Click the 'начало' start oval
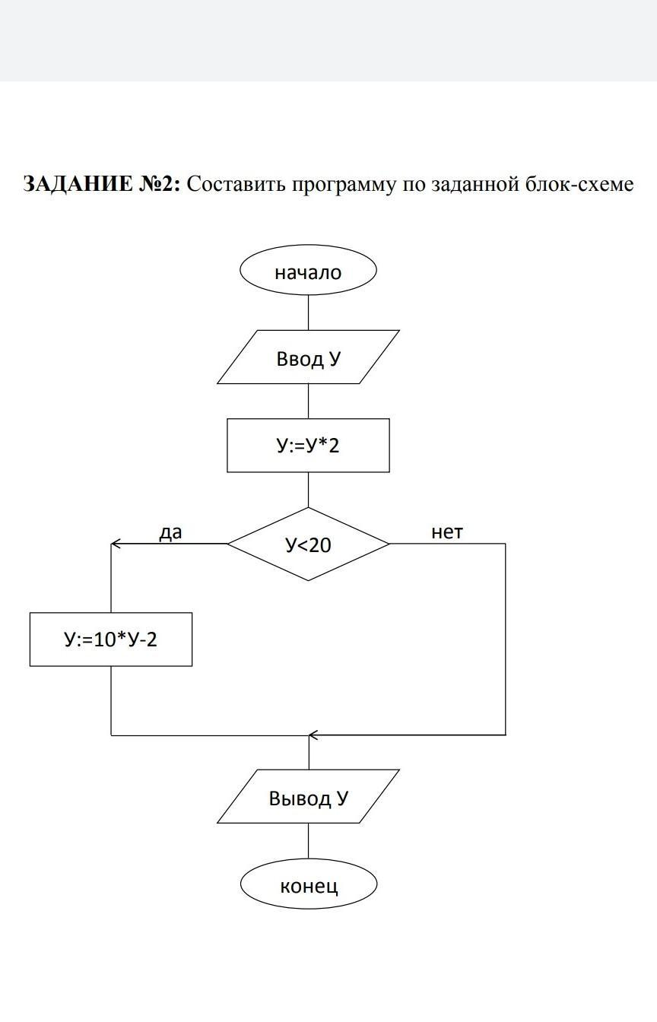308,271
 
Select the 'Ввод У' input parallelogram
308,357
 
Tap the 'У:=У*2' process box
308,445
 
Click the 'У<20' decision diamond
308,544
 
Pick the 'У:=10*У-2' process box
111,640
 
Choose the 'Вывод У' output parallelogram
308,797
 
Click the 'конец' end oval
309,885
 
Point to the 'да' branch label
170,532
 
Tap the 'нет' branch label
446,532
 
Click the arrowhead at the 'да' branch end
116,544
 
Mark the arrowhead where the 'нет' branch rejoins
313,735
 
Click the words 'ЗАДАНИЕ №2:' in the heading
101,185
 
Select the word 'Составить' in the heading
235,185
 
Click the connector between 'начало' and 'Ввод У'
308,313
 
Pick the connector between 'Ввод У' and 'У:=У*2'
308,401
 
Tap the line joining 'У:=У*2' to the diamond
308,490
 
